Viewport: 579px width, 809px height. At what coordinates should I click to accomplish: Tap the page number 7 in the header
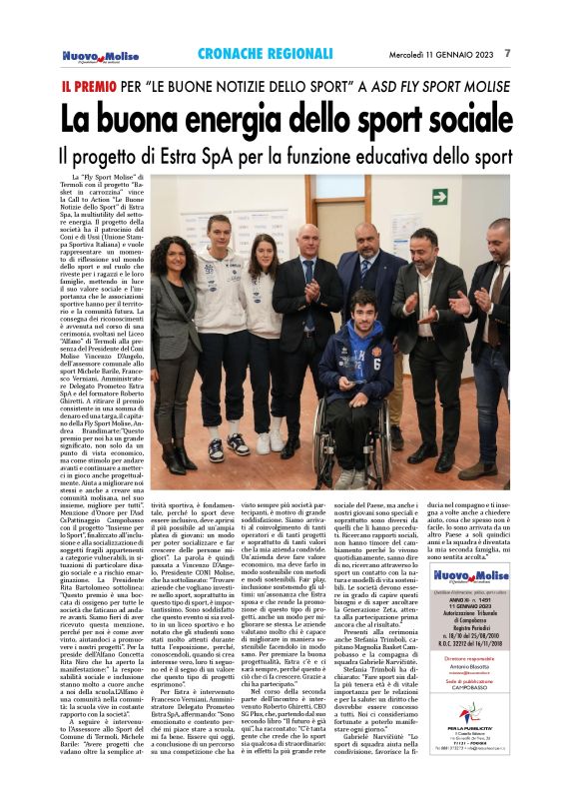[x=508, y=53]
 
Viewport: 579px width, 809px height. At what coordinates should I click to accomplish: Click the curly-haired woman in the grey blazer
[x=175, y=330]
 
